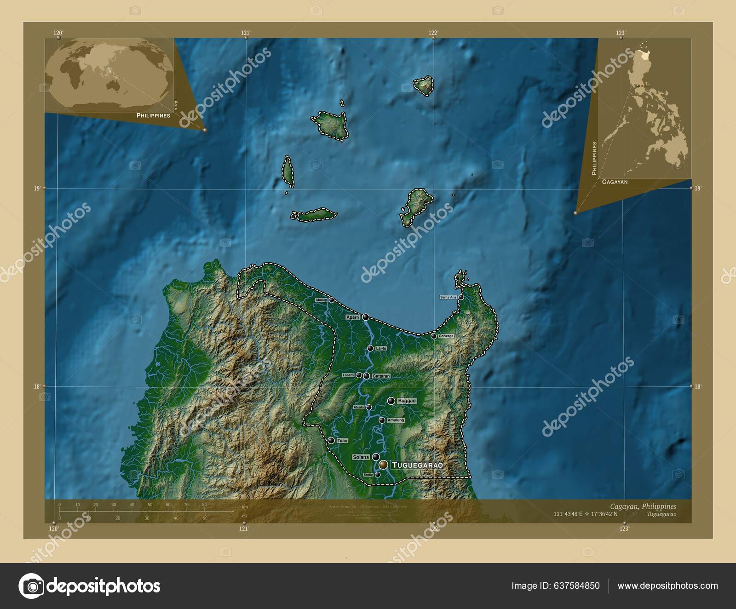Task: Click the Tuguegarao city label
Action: coord(417,465)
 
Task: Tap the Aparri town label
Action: coord(352,317)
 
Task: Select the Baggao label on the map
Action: coord(407,401)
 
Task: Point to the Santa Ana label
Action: coord(448,298)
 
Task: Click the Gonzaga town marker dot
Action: coord(433,336)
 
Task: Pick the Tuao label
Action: coord(342,441)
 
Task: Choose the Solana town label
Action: coord(361,457)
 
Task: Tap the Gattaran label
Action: coord(381,376)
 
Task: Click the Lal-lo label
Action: coord(381,349)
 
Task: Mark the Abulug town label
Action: coord(321,300)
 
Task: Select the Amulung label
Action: coord(396,420)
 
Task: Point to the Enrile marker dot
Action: coord(378,475)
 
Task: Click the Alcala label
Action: coord(359,407)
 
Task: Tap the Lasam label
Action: coord(348,375)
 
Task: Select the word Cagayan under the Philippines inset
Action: coord(615,182)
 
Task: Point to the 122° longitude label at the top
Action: coord(433,33)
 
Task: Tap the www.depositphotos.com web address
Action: coord(667,586)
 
